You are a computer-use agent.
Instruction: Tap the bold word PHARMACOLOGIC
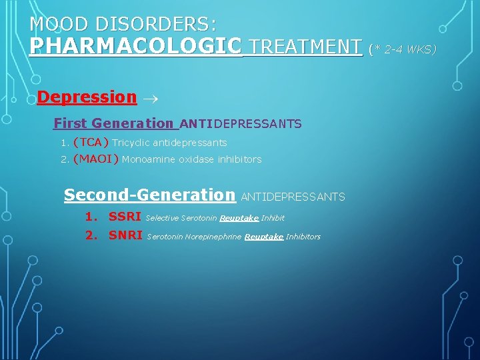point(136,46)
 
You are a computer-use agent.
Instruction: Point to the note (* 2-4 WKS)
point(402,48)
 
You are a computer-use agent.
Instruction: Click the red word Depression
point(87,97)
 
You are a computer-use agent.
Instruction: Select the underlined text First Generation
point(113,123)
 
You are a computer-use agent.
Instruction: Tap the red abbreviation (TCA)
point(91,142)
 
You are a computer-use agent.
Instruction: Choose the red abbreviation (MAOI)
point(96,159)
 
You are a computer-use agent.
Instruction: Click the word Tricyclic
point(131,143)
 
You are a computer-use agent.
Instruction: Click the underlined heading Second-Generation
point(149,195)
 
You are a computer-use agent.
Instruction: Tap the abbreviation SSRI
point(125,217)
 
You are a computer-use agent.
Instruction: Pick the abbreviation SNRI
point(125,235)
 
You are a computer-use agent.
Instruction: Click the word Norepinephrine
point(213,237)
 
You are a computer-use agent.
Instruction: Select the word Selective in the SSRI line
point(162,218)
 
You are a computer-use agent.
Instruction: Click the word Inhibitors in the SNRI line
point(303,237)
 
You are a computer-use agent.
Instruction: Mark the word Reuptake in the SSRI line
point(239,218)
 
